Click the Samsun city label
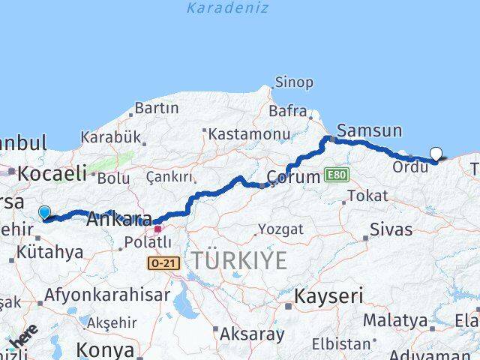tap(370, 130)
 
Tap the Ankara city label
tap(115, 220)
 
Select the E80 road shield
tap(337, 175)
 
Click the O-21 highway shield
tap(163, 264)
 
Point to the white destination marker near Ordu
tap(436, 154)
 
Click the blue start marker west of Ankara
tap(44, 213)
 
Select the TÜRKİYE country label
tap(238, 261)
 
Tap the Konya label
tap(106, 349)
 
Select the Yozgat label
tap(280, 229)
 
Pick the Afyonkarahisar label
tap(107, 295)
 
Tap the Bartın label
tap(157, 108)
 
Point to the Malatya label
tap(395, 320)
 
